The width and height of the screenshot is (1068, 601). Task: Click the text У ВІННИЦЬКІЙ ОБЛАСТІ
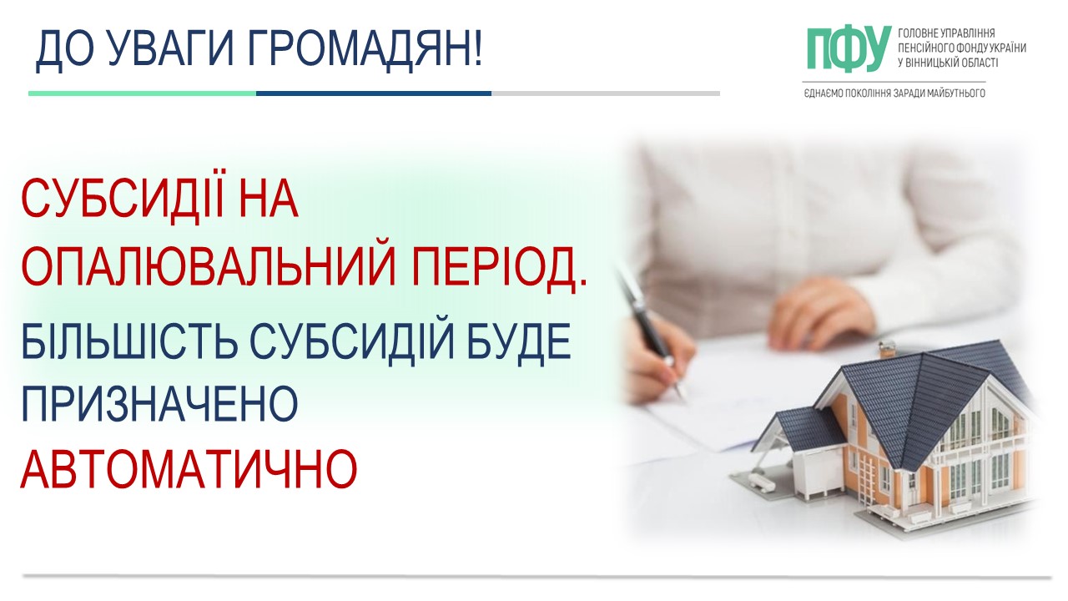[948, 63]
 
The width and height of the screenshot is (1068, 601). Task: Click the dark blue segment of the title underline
[373, 93]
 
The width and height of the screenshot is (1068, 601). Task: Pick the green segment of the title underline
[142, 93]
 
